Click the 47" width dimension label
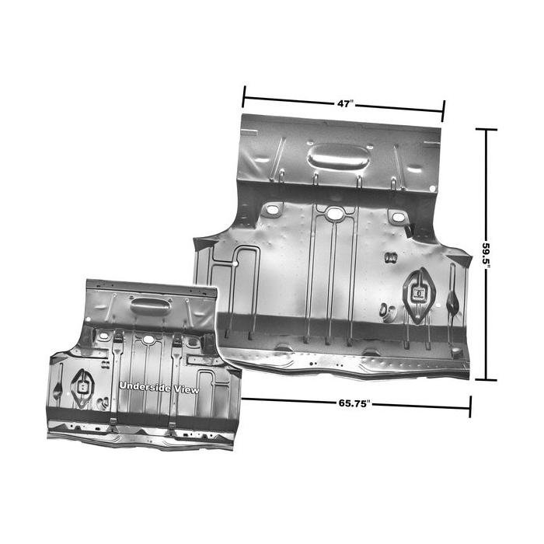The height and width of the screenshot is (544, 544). (343, 103)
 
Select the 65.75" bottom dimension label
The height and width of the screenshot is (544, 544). (354, 403)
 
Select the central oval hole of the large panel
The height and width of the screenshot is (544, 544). (334, 213)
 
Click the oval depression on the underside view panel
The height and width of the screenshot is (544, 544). (150, 305)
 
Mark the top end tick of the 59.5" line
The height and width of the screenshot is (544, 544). (486, 129)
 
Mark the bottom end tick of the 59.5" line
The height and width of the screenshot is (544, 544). (486, 380)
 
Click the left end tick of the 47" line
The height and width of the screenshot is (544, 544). (243, 97)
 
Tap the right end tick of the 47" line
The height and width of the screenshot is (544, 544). (443, 110)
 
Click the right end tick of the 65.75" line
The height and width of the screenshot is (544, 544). (469, 406)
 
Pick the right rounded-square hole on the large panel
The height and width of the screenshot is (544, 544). (398, 217)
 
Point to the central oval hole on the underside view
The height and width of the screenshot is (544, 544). (147, 340)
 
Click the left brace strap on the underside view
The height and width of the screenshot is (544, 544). (115, 381)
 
